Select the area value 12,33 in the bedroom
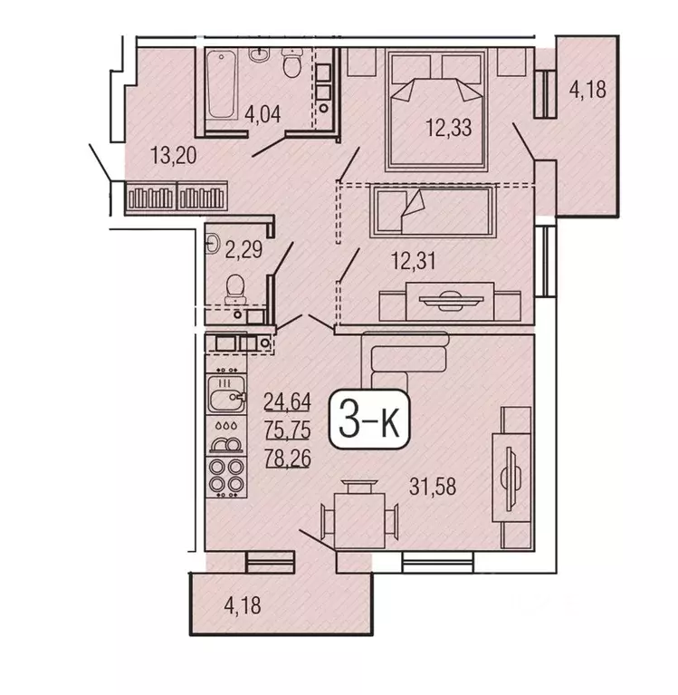pyautogui.click(x=449, y=128)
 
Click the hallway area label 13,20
pyautogui.click(x=175, y=156)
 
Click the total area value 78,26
pyautogui.click(x=285, y=458)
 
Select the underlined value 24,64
pyautogui.click(x=285, y=399)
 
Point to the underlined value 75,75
pyautogui.click(x=285, y=428)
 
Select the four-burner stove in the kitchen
pyautogui.click(x=225, y=476)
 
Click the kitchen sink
pyautogui.click(x=225, y=396)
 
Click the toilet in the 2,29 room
pyautogui.click(x=234, y=288)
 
